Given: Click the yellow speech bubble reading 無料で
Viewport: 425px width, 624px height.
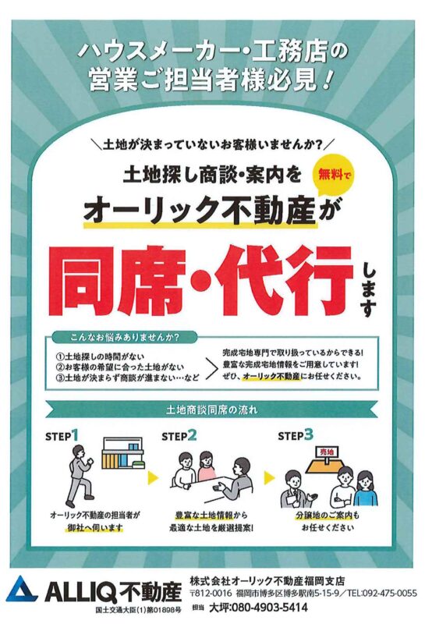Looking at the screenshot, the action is pyautogui.click(x=334, y=173).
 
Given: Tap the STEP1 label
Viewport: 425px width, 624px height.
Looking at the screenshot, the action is pyautogui.click(x=62, y=435).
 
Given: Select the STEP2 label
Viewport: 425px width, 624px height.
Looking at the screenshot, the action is pyautogui.click(x=179, y=435).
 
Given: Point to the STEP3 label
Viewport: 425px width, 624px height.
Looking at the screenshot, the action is pyautogui.click(x=296, y=435).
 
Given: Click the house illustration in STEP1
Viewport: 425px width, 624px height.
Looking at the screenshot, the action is pyautogui.click(x=124, y=453).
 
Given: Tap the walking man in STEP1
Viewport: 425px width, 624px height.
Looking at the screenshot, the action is pyautogui.click(x=80, y=473).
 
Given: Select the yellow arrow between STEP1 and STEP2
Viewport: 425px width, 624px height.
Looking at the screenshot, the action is pyautogui.click(x=152, y=477).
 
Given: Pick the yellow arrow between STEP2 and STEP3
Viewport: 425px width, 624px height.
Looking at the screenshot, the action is pyautogui.click(x=269, y=477).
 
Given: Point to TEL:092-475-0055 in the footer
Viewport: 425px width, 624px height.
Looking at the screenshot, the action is pyautogui.click(x=381, y=594).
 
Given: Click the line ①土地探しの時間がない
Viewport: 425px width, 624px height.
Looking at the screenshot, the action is pyautogui.click(x=100, y=356).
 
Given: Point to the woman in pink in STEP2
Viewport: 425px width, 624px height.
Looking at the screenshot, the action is pyautogui.click(x=206, y=466).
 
